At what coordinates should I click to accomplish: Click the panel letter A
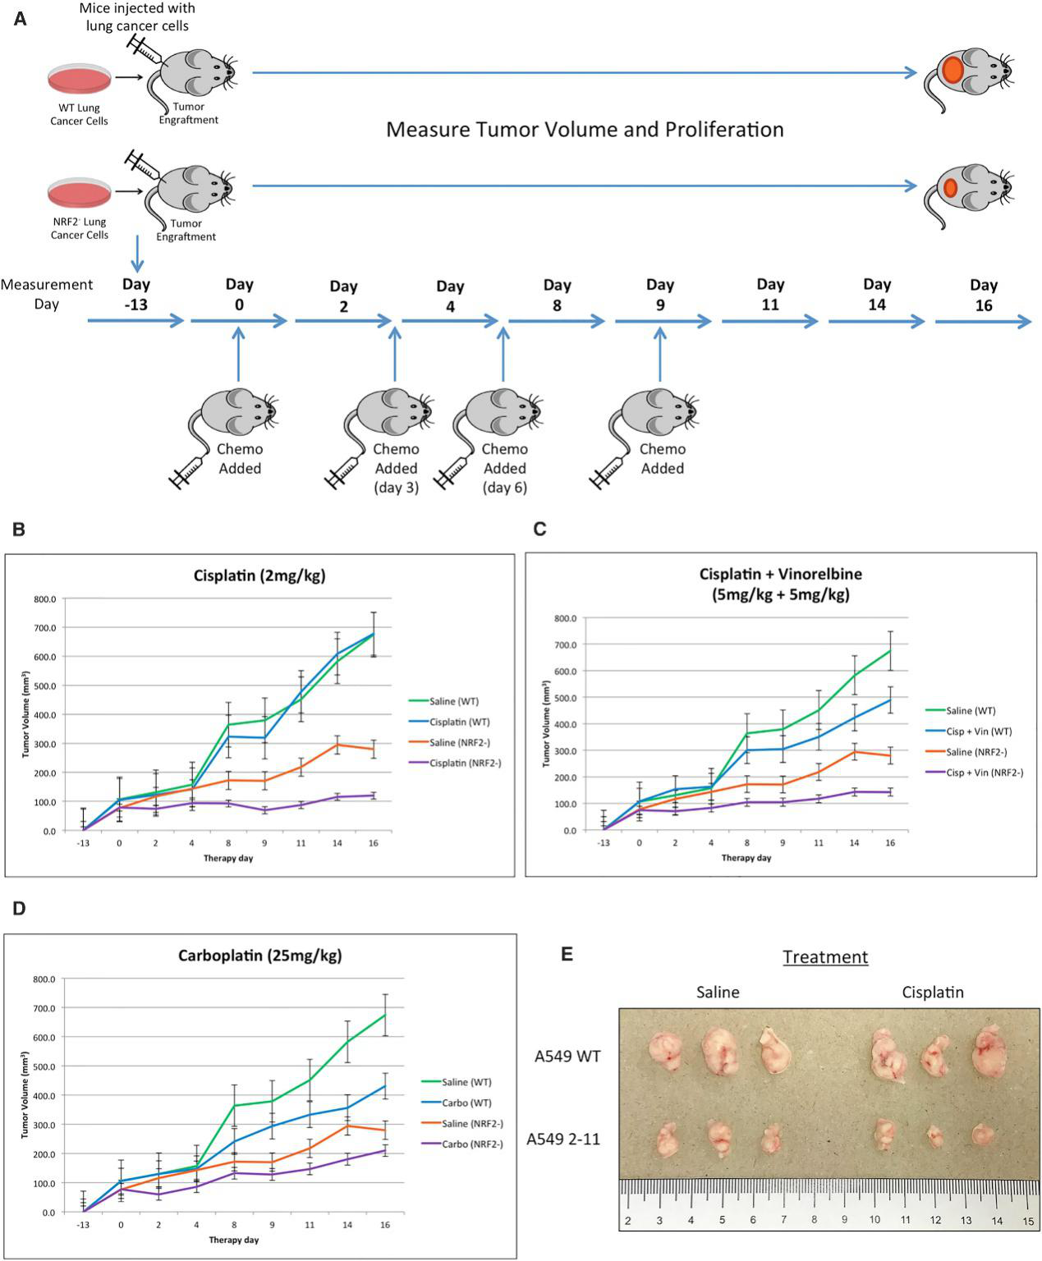(x=20, y=20)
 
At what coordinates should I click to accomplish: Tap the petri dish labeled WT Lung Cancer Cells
(x=79, y=79)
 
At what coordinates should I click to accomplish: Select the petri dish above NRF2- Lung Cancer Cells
(x=79, y=193)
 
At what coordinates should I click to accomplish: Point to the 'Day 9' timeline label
(x=660, y=295)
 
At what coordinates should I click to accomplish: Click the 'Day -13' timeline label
(x=136, y=294)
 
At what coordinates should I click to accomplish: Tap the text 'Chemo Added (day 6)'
(x=504, y=468)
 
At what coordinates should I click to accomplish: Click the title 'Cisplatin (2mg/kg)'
(x=259, y=575)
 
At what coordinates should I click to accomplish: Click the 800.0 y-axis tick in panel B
(x=44, y=599)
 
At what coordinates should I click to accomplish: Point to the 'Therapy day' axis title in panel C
(x=746, y=858)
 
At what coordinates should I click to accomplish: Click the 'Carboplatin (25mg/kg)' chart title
(x=259, y=956)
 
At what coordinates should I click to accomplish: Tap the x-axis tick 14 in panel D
(x=347, y=1225)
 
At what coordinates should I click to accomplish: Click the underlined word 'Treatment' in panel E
(x=825, y=957)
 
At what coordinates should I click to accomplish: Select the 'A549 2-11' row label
(x=563, y=1139)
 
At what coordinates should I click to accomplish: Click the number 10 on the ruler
(x=874, y=1219)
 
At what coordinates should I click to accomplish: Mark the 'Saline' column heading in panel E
(x=718, y=993)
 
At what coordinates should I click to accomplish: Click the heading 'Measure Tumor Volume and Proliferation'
(x=585, y=129)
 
